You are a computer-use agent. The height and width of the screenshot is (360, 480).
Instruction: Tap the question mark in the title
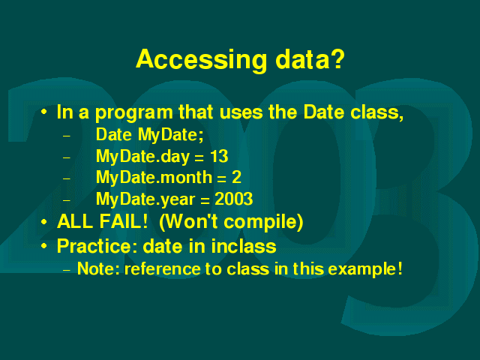(x=337, y=58)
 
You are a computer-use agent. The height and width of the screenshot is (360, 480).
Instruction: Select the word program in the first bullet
(x=134, y=113)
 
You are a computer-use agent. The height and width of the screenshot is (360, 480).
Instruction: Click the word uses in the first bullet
(x=241, y=112)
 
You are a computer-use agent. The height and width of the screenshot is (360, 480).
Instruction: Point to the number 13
(x=219, y=156)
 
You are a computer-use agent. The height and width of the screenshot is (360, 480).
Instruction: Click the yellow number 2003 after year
(x=233, y=199)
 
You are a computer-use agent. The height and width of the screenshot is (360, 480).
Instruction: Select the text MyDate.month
(x=154, y=178)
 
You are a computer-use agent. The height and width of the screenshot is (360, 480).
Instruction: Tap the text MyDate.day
(x=143, y=157)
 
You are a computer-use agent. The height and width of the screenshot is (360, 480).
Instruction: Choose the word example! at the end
(x=365, y=269)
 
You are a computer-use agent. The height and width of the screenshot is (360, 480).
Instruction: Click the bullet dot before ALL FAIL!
(x=44, y=222)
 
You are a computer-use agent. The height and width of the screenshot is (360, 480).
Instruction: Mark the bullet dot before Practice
(x=44, y=246)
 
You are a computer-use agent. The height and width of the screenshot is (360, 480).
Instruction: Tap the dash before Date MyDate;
(x=67, y=136)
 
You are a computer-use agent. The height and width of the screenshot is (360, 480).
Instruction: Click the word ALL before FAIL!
(x=75, y=221)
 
